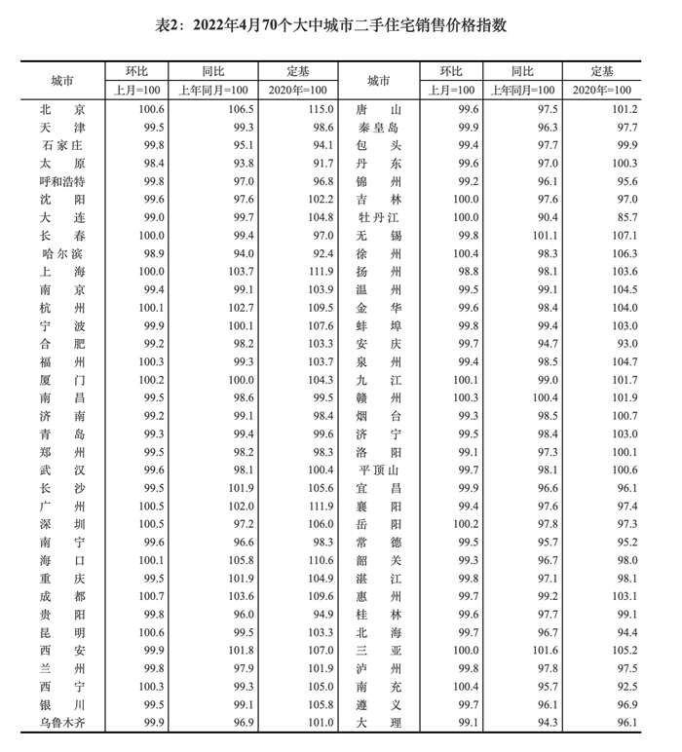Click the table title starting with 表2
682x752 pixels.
click(341, 23)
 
